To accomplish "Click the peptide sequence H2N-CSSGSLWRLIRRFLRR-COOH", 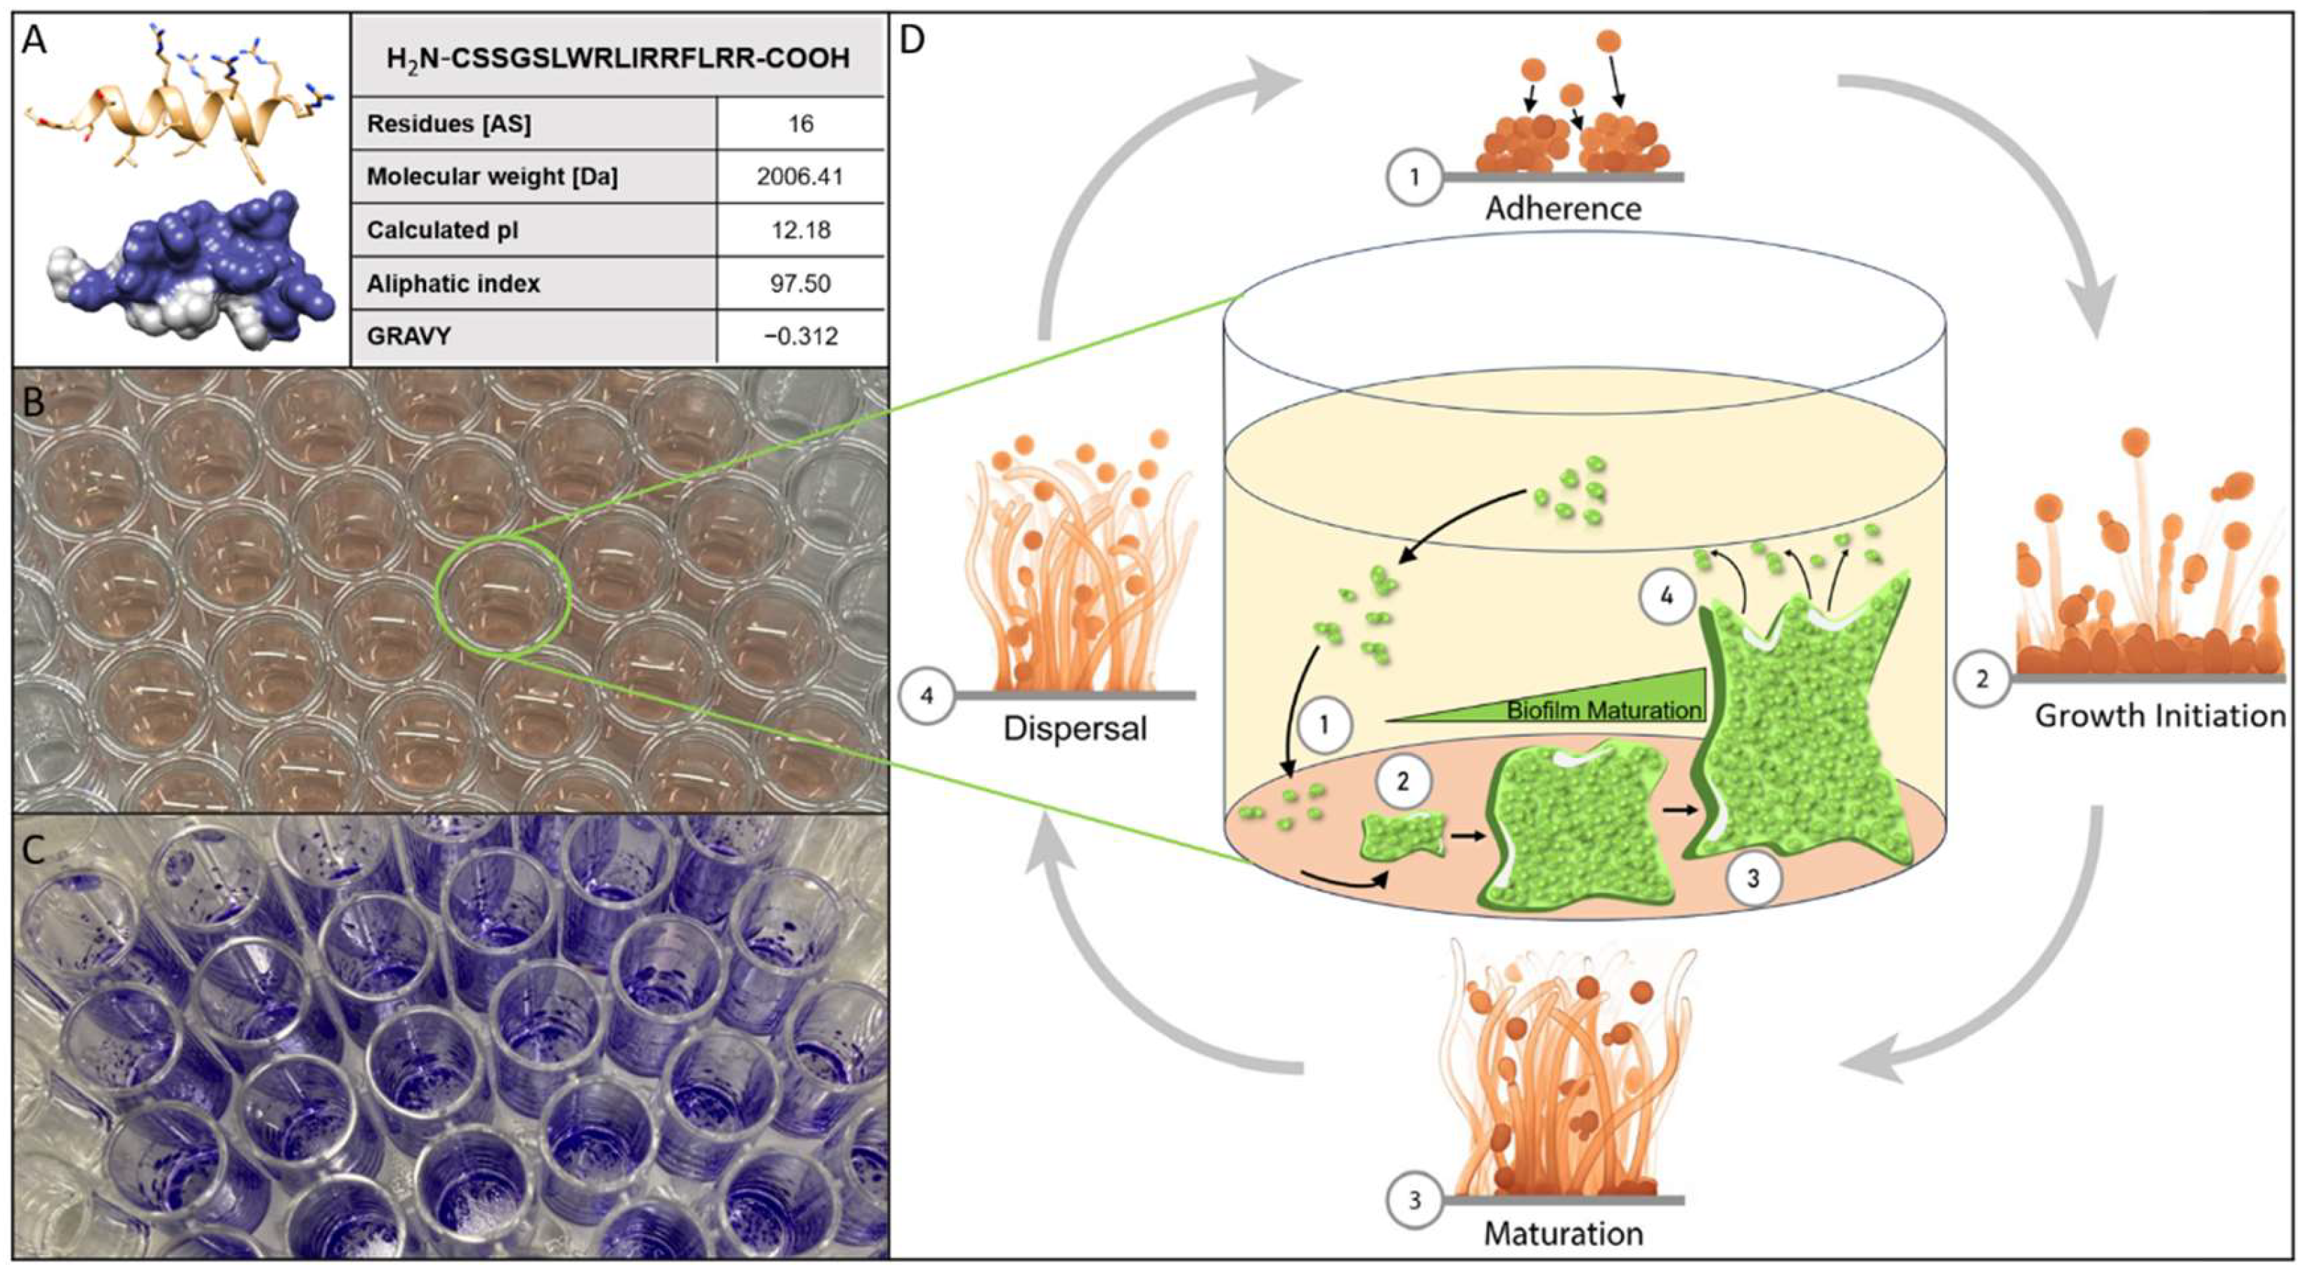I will click(x=617, y=59).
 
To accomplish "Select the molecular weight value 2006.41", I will click(x=800, y=176).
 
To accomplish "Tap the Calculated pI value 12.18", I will click(x=800, y=230).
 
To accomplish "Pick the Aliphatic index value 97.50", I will click(x=800, y=284).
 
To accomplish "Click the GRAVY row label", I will click(x=409, y=337).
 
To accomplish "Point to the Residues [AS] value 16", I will click(x=800, y=124).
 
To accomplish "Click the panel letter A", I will click(x=34, y=40).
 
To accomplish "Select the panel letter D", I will click(x=911, y=40).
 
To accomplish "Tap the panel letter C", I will click(x=34, y=849).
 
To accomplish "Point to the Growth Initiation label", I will click(x=2160, y=716).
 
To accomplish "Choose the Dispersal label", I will click(x=1075, y=728).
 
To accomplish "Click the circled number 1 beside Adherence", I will click(x=1414, y=177).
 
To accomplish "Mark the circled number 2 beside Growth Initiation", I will click(x=1982, y=679).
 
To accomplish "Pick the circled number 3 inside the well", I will click(x=1753, y=878).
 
